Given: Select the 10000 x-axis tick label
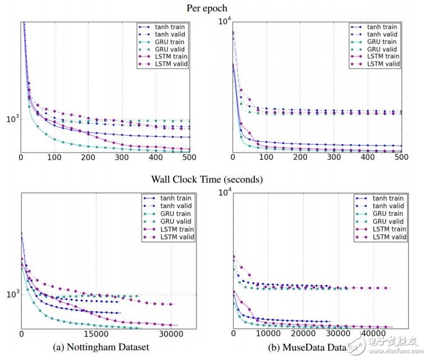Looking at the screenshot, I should pyautogui.click(x=269, y=333).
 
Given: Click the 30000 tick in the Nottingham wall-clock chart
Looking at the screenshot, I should pyautogui.click(x=169, y=333).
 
